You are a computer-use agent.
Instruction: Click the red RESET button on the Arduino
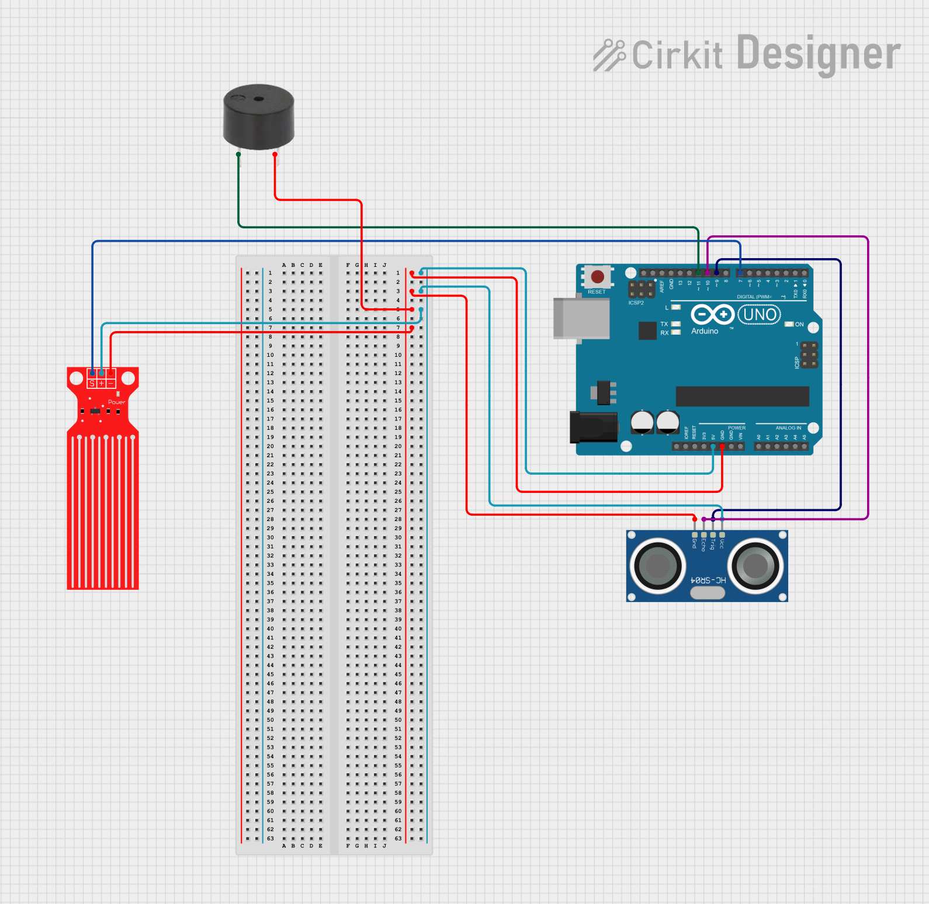pos(597,276)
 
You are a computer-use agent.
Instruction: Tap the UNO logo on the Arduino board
pos(760,315)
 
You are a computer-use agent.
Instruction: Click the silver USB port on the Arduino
pos(581,318)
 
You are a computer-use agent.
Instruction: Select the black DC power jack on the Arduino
pos(594,427)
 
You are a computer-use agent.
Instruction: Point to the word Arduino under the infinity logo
pos(705,331)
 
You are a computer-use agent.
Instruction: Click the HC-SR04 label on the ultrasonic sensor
pos(708,580)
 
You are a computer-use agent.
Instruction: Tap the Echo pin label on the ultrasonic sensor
pos(703,545)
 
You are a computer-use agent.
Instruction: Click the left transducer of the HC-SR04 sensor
pos(658,565)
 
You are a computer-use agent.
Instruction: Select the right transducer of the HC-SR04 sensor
pos(755,565)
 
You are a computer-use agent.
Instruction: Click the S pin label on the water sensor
pos(92,383)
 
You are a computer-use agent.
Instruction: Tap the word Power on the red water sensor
pos(116,402)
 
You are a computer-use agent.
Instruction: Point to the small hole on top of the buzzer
pos(258,99)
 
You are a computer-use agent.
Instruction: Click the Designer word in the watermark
pos(818,54)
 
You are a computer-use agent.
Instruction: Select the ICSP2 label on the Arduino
pos(636,303)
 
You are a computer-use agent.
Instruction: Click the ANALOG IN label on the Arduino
pos(788,428)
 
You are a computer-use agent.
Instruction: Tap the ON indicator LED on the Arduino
pos(789,324)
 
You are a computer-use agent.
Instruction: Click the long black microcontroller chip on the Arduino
pos(742,396)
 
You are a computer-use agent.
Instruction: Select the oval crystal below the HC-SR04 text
pos(708,593)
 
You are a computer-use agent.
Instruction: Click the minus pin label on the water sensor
pos(110,383)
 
